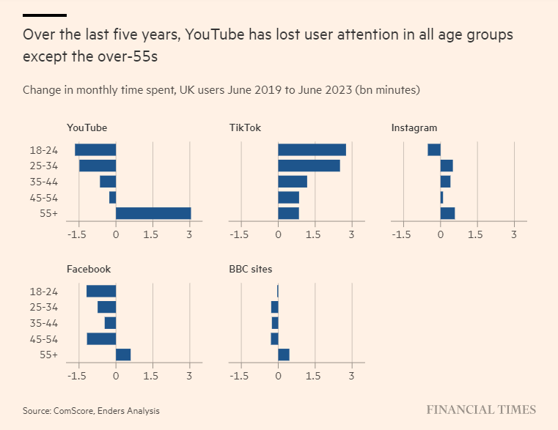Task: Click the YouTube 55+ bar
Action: [153, 213]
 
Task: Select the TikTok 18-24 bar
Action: [312, 149]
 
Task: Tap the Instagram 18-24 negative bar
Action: [434, 149]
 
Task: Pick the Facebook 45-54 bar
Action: [101, 338]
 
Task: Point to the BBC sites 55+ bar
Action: [284, 355]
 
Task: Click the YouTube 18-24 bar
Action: [95, 149]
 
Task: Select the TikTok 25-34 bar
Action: [309, 166]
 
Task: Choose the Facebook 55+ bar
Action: [123, 355]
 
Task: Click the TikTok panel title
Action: [245, 128]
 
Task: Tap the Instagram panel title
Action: [414, 128]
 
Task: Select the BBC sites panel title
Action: [251, 269]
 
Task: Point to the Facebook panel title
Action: [89, 269]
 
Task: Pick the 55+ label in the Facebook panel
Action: [49, 355]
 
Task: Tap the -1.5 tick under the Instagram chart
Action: [401, 235]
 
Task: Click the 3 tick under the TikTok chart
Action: [352, 235]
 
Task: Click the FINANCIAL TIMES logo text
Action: [481, 410]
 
